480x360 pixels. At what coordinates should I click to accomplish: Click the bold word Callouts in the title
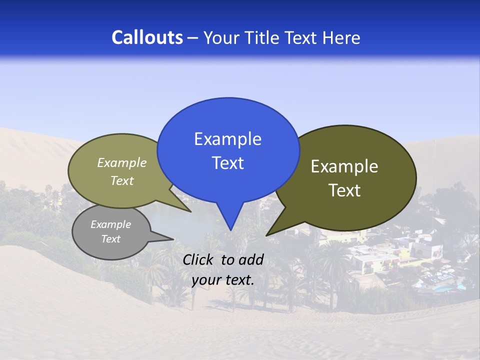147,37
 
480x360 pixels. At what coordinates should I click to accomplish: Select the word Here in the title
341,37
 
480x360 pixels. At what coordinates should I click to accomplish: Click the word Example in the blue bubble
227,139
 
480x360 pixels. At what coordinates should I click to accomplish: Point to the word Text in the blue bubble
227,163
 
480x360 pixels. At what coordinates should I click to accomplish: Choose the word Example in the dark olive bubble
344,166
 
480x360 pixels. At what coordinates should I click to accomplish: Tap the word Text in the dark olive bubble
344,190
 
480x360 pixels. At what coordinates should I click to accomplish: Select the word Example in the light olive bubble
122,162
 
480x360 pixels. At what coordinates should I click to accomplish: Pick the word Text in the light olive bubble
122,180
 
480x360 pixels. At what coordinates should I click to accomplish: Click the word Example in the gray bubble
110,224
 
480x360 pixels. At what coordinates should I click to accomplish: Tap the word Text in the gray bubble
110,239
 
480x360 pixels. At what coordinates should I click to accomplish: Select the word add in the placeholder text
251,259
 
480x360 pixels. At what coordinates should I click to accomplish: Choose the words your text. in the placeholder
223,280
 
